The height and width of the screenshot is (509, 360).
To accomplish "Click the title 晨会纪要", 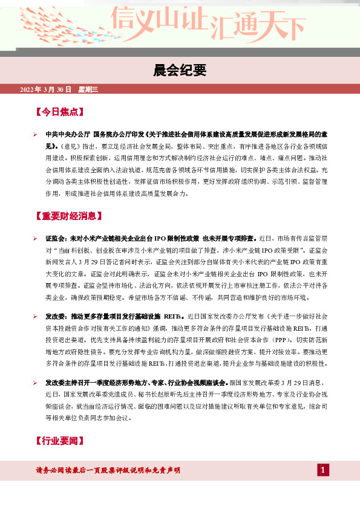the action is tap(180, 70).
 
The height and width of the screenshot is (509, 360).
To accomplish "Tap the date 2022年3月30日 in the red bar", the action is tap(45, 89).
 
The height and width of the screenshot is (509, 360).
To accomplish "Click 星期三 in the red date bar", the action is tap(88, 89).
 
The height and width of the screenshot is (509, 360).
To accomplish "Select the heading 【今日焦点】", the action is tap(59, 112).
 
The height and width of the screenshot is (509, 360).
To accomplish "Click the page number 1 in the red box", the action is tap(324, 470).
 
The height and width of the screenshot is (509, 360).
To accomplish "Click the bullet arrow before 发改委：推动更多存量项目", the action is tap(36, 316).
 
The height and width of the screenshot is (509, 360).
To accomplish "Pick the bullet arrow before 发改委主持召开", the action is tap(36, 383).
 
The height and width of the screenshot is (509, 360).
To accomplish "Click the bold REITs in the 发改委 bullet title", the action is tap(173, 316).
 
